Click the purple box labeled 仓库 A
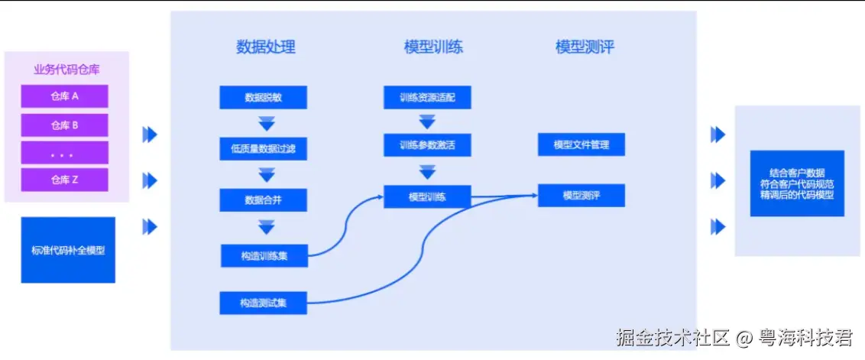[x=65, y=96]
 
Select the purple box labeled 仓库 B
[x=65, y=125]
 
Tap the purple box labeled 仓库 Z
[x=65, y=180]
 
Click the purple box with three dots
[x=65, y=153]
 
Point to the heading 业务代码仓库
[x=66, y=70]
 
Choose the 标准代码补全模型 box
[x=68, y=250]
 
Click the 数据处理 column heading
[x=265, y=47]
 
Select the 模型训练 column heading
[x=433, y=47]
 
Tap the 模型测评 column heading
[x=585, y=47]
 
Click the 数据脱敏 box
[x=263, y=98]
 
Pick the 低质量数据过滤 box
[x=263, y=148]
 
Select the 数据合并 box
[x=263, y=199]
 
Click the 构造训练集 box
[x=264, y=255]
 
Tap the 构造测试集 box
[x=263, y=303]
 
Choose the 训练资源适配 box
[x=427, y=98]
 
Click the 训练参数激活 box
[x=427, y=144]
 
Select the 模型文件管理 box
[x=582, y=144]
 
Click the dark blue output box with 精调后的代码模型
[x=797, y=184]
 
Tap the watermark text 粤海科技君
[x=805, y=336]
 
